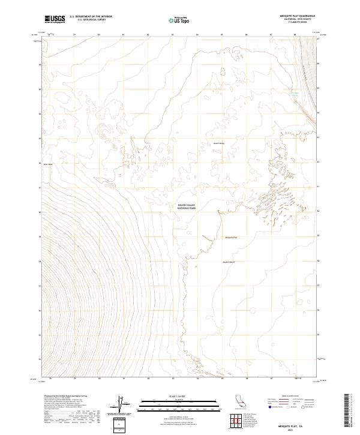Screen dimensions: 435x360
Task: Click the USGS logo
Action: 55,19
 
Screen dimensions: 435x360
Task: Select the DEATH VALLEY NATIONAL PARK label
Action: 186,206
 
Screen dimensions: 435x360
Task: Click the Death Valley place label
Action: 218,143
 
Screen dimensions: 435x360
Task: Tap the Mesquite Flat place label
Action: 231,238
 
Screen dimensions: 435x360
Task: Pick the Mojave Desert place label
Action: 229,262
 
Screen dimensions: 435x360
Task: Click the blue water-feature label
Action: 295,94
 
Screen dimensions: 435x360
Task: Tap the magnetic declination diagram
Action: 119,404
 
